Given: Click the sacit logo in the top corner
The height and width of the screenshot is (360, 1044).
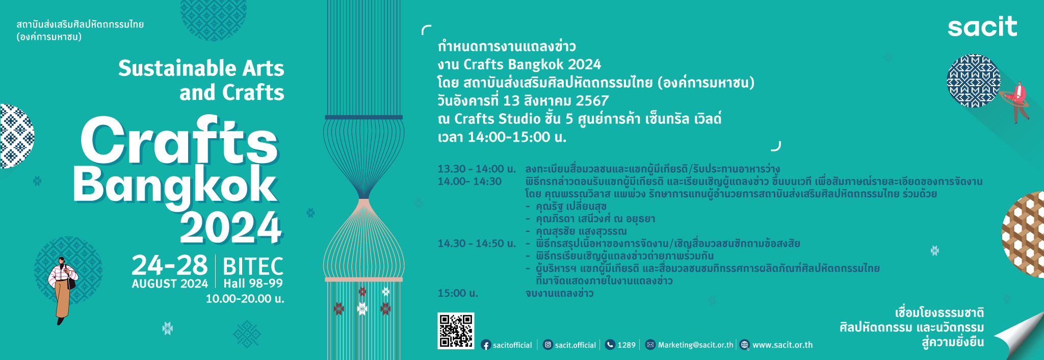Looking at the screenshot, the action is point(982,27).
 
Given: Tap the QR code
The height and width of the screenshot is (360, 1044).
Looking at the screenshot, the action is point(456,331).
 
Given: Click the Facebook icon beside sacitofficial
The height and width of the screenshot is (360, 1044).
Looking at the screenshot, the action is point(486,345).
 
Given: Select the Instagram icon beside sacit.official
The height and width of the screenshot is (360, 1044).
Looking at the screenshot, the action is point(547,345).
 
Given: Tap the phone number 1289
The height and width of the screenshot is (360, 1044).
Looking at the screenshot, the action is point(627,345).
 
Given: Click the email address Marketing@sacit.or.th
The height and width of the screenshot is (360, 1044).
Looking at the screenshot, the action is point(695,345).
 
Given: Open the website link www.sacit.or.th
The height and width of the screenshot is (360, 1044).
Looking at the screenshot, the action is point(782,345).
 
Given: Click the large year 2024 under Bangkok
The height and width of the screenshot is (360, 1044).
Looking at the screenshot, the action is point(231,227).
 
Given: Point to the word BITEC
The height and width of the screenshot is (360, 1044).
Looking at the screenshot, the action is point(253,266).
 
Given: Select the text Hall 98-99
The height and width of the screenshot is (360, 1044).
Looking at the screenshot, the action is point(253,284).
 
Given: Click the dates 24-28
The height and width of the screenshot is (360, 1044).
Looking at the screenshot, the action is point(170,265).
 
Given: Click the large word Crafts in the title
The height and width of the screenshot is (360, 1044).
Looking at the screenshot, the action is point(179,141).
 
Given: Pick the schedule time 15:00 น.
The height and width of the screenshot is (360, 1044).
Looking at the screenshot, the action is point(458,293).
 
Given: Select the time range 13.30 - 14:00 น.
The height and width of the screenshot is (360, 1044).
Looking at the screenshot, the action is point(477,169).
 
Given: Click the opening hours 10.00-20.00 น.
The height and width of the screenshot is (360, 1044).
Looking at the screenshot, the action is point(245,299).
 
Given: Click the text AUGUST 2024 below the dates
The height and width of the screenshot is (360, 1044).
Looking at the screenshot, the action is point(170,284).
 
